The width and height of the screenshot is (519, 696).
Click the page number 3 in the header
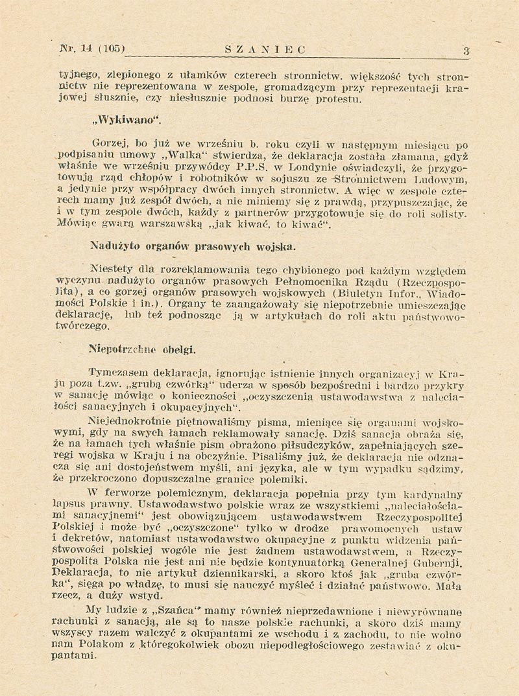pyautogui.click(x=466, y=50)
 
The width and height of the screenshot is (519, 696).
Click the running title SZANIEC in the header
pyautogui.click(x=263, y=49)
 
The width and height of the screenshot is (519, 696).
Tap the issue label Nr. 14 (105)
pyautogui.click(x=91, y=48)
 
